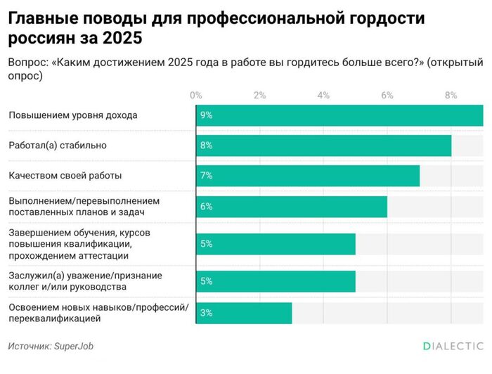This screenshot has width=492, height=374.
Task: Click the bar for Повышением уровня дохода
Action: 339,115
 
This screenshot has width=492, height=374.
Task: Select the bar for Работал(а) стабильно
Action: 323,145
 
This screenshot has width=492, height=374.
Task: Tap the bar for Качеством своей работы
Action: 308,175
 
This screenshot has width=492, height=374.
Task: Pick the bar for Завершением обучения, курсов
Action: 276,244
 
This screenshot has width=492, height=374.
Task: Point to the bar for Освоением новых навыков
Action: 244,313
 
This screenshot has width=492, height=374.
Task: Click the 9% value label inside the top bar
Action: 206,115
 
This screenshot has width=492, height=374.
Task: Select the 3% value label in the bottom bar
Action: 206,313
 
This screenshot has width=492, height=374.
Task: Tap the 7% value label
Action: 206,175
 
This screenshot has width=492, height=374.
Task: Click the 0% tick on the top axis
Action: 196,95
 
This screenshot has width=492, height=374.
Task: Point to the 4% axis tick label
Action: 323,95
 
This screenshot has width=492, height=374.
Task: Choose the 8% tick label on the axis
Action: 451,95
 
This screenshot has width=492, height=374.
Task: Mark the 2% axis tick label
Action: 259,95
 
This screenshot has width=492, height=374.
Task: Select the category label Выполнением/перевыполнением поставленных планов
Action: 84,206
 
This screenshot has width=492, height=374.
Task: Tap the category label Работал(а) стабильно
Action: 57,145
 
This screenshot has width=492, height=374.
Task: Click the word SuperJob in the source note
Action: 74,346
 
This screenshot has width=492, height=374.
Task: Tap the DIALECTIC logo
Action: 453,346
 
